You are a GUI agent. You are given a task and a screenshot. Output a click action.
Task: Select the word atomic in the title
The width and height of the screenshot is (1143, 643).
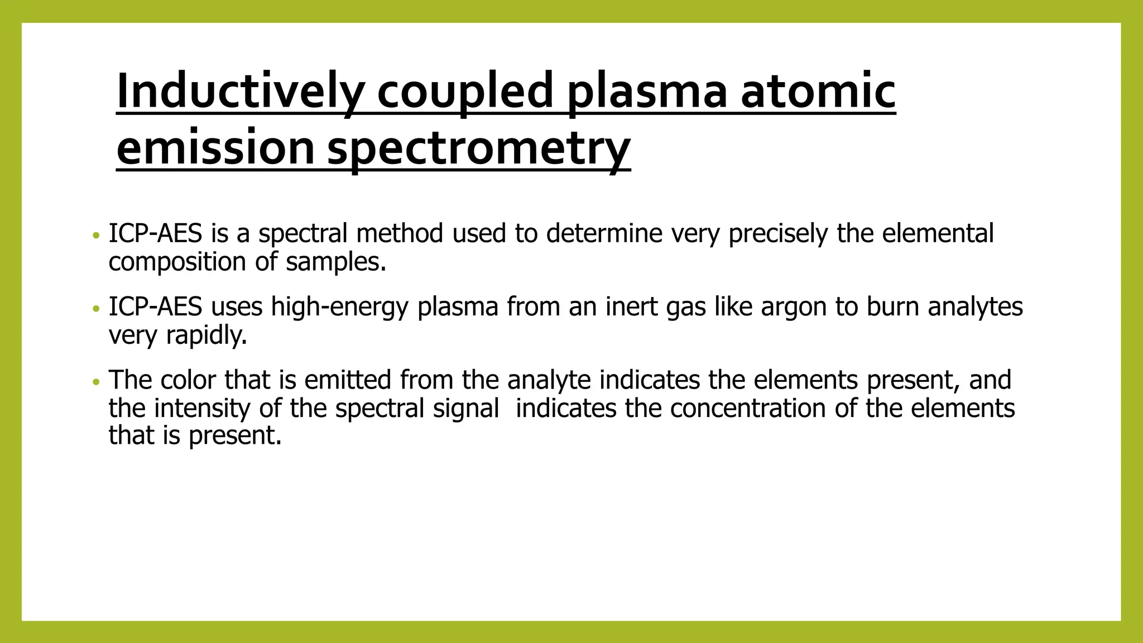[x=818, y=91]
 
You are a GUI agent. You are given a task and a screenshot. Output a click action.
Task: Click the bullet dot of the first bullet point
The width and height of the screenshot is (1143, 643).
[x=97, y=236]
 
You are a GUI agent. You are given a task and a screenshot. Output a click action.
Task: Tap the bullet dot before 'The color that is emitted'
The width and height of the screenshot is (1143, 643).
[x=97, y=382]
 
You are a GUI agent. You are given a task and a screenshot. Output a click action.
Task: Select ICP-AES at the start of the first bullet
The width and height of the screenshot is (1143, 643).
[x=155, y=233]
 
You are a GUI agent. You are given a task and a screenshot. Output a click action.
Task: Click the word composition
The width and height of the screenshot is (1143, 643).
[x=177, y=262]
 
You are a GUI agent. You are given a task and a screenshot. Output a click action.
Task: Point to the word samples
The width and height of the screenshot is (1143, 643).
[x=335, y=262]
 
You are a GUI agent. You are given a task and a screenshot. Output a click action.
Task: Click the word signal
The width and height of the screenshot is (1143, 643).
[x=466, y=409]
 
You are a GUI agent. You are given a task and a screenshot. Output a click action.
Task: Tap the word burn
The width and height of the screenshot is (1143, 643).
[x=892, y=306]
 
